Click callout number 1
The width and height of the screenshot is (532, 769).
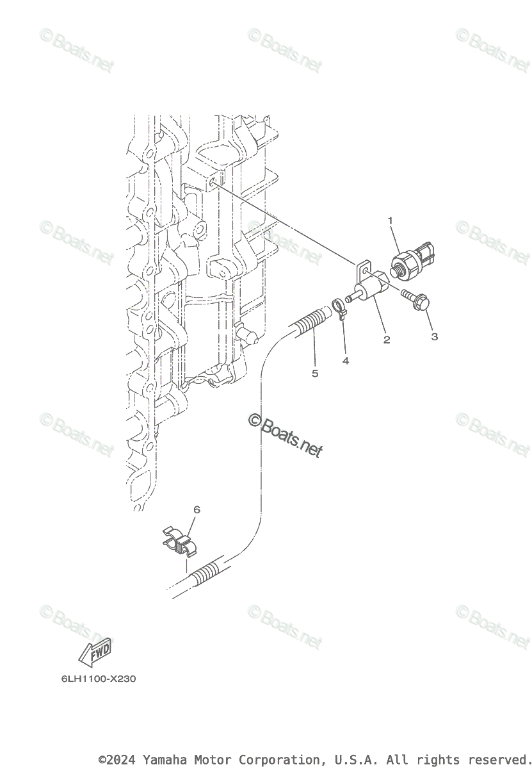tap(389, 221)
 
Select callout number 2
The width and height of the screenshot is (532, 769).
tap(387, 340)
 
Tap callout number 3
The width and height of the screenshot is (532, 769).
tap(434, 336)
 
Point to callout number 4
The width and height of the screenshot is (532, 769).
tap(346, 361)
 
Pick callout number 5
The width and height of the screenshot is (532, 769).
tap(314, 373)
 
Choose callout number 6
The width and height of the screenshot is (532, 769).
tap(197, 509)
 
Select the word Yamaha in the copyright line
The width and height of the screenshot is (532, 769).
tap(163, 760)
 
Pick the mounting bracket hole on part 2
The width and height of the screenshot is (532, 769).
tap(364, 272)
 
